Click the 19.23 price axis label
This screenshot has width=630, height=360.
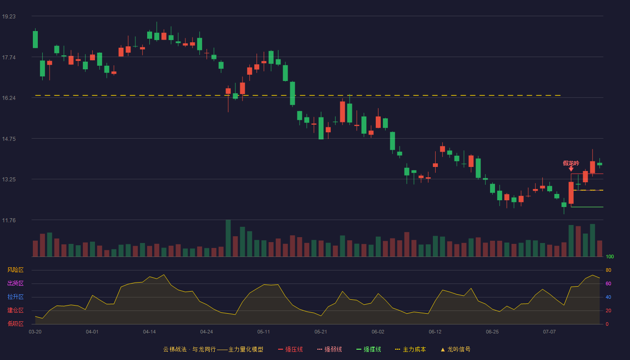coord(9,17)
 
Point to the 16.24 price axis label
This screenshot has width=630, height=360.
coord(9,98)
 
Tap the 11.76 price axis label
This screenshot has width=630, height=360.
coord(9,220)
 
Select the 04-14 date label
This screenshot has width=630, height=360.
coord(149,332)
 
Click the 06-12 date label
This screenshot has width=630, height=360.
coord(435,332)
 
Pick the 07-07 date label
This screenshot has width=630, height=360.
coord(549,332)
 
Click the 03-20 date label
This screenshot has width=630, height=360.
coord(35,332)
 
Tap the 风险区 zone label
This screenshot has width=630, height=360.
coord(15,270)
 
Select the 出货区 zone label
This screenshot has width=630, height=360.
coord(15,283)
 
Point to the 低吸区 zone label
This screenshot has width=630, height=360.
coord(15,324)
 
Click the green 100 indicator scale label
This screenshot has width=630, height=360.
coord(610,256)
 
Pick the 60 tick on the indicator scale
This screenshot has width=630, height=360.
coord(608,283)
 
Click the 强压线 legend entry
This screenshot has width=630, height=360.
coord(291,349)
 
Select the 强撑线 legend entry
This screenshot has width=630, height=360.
coord(369,349)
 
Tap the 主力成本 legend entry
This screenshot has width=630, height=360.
coord(410,349)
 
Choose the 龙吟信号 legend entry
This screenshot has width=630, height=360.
coord(455,349)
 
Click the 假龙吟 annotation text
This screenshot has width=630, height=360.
coord(571,163)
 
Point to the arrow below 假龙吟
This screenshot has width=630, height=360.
coord(571,169)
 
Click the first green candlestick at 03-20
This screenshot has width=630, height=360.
coord(35,40)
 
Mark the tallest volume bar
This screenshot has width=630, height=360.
coord(228,238)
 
